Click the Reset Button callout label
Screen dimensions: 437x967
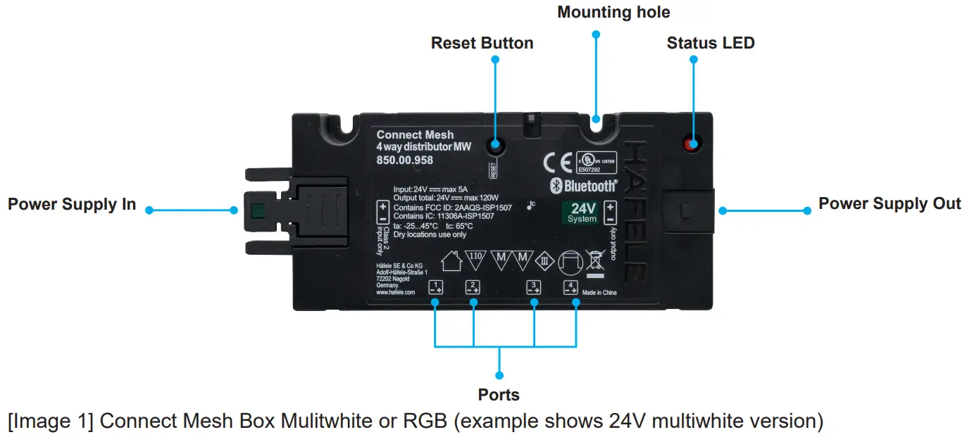482,43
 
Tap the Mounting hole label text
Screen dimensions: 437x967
613,12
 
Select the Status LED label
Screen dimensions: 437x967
710,43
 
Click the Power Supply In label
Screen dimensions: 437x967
72,205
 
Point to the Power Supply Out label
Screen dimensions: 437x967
889,203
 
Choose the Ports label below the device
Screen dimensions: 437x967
499,395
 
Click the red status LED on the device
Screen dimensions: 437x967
693,145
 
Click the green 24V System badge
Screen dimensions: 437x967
582,213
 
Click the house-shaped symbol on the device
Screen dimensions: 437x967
450,262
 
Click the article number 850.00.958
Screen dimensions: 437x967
405,160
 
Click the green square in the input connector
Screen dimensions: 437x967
257,210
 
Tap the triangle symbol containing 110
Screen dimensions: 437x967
475,258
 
